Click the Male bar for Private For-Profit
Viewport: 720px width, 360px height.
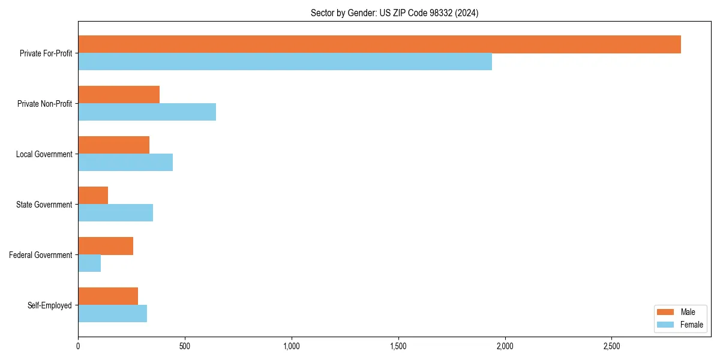[379, 44]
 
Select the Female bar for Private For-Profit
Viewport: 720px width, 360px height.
[285, 62]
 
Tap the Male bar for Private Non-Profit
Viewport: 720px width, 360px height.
[119, 95]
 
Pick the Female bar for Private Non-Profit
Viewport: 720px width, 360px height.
[147, 112]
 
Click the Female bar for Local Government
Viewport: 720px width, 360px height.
[125, 163]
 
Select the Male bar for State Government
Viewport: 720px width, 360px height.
[93, 196]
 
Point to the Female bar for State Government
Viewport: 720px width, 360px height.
[115, 213]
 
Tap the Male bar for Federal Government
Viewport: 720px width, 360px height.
[106, 246]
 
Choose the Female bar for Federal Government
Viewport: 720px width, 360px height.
[89, 263]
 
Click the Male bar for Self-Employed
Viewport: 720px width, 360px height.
[108, 296]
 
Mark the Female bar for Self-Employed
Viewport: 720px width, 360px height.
[112, 314]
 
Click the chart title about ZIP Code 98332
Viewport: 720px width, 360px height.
[394, 13]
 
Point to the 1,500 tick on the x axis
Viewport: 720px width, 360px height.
[398, 347]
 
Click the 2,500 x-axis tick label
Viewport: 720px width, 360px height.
[611, 347]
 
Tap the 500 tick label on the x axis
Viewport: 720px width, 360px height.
[185, 347]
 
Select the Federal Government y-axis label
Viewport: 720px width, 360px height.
[41, 255]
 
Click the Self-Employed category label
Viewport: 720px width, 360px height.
[50, 305]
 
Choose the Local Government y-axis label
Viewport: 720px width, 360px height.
[44, 154]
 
